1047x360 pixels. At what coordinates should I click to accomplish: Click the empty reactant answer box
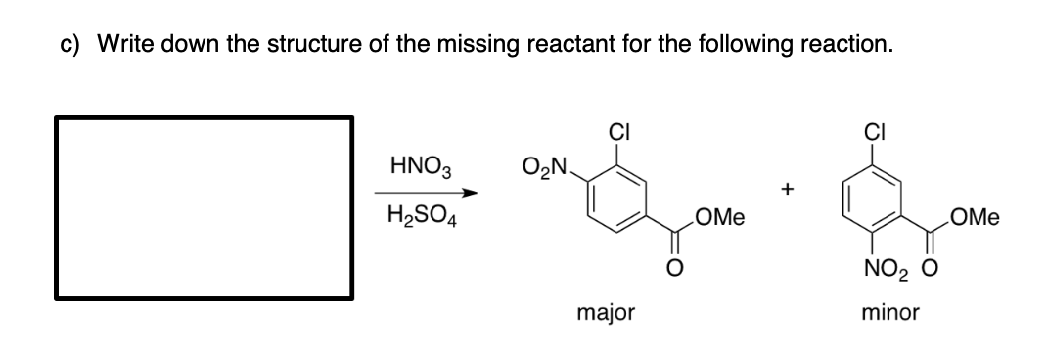coord(204,207)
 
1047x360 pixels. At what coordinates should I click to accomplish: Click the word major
coord(606,313)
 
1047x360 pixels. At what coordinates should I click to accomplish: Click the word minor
coord(890,313)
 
